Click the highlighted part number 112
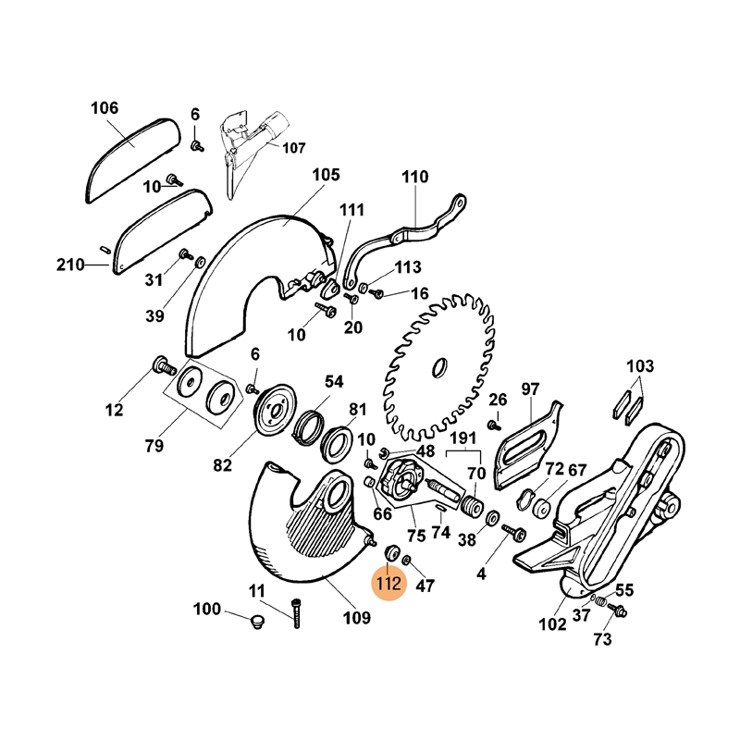click(x=388, y=585)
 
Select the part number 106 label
click(x=105, y=109)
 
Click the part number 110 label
click(x=416, y=177)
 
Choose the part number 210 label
click(x=69, y=265)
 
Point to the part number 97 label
click(x=530, y=388)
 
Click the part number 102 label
click(x=552, y=624)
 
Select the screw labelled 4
click(x=514, y=534)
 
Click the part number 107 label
click(x=293, y=147)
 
